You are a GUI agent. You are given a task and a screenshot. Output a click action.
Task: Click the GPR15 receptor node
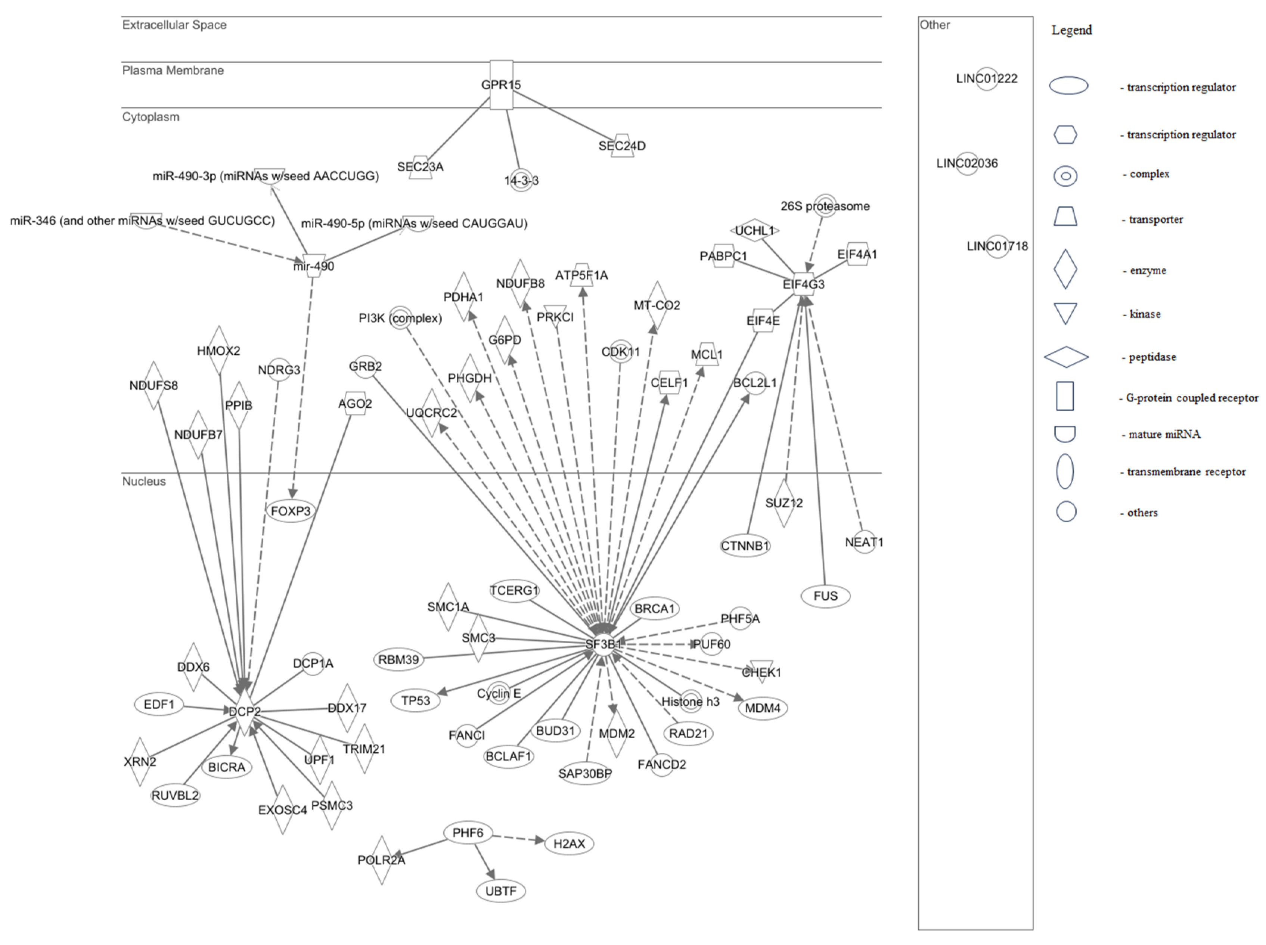[501, 85]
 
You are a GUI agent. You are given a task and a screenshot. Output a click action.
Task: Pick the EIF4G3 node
[804, 284]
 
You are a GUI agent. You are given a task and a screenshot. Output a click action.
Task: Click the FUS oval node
[825, 596]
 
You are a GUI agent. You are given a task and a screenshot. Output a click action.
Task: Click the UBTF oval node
[500, 890]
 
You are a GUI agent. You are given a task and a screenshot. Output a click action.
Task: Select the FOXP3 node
[291, 511]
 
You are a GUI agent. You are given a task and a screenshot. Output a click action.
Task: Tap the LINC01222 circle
[987, 79]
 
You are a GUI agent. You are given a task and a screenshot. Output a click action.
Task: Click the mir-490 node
[313, 265]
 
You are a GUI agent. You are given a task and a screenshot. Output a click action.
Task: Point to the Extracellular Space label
[174, 25]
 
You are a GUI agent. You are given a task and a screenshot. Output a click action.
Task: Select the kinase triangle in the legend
[1065, 314]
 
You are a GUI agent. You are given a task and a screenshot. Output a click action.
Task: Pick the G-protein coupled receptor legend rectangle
[1065, 396]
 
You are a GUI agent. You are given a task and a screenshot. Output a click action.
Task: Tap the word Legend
[1071, 30]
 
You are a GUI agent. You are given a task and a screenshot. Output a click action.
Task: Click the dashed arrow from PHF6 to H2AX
[518, 839]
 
